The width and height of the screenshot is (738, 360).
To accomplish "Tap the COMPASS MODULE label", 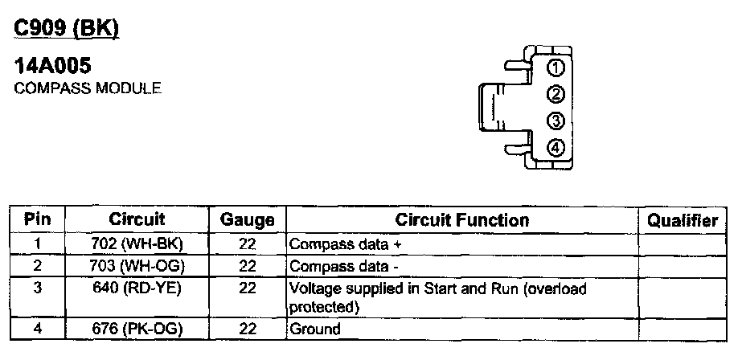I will click(88, 88).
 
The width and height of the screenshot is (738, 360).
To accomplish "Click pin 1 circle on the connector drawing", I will click(555, 67).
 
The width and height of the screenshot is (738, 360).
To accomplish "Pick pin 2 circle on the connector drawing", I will click(555, 95).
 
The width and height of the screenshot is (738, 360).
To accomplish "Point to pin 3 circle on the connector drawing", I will click(555, 121).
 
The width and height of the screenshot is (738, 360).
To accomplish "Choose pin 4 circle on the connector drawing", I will click(555, 148).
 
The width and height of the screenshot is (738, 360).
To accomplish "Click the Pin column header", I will click(39, 219).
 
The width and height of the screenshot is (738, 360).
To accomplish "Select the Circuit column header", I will click(137, 219).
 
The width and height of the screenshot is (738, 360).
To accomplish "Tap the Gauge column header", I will click(247, 219).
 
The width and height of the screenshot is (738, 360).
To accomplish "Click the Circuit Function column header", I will click(461, 219).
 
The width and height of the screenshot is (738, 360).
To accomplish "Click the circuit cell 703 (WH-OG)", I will click(138, 264).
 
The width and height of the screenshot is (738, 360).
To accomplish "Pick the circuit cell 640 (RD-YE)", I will click(138, 287).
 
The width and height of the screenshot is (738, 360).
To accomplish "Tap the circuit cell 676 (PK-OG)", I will click(138, 328).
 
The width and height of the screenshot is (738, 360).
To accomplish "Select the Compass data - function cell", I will click(343, 265).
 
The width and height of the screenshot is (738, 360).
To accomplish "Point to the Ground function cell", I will click(314, 328).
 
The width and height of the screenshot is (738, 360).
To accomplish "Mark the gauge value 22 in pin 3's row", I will click(248, 288).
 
